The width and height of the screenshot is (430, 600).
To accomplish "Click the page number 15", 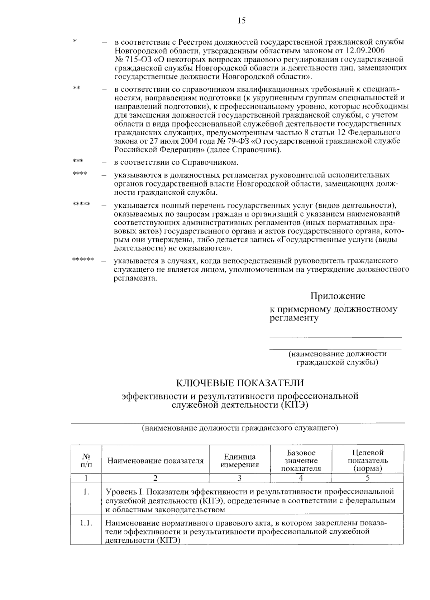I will pyautogui.click(x=242, y=21).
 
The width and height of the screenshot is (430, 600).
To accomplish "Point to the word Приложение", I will pyautogui.click(x=338, y=296).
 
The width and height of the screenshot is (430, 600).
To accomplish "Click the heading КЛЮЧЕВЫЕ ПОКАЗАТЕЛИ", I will pyautogui.click(x=240, y=383).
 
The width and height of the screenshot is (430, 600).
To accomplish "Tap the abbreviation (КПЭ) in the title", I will pyautogui.click(x=295, y=405).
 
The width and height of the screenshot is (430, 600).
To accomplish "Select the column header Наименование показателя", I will pyautogui.click(x=155, y=461).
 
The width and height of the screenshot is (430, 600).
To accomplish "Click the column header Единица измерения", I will pyautogui.click(x=240, y=461).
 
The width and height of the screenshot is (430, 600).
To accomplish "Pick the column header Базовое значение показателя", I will pyautogui.click(x=301, y=461).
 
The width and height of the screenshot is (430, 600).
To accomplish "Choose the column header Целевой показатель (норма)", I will pyautogui.click(x=368, y=461).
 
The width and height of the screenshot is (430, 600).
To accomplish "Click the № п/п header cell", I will pyautogui.click(x=86, y=461).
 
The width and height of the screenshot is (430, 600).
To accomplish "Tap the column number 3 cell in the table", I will pyautogui.click(x=240, y=478).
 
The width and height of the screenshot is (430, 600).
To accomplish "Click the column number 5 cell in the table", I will pyautogui.click(x=368, y=478).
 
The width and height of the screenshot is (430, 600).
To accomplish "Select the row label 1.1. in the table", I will pyautogui.click(x=86, y=523).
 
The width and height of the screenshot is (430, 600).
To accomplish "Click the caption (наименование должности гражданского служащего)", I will pyautogui.click(x=240, y=428).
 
